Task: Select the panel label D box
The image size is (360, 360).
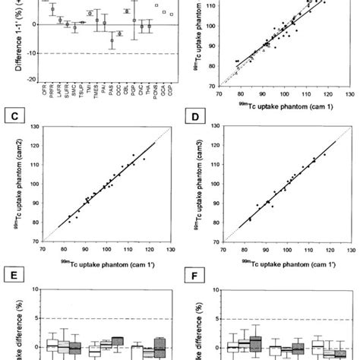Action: [197, 118]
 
